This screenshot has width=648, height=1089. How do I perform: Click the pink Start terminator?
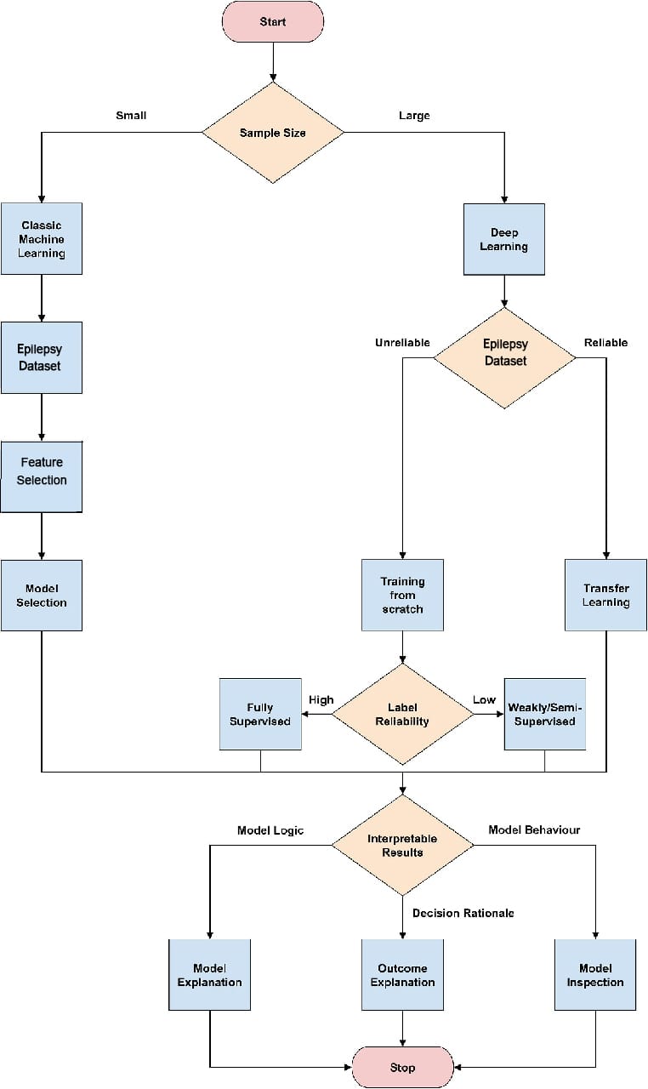272,21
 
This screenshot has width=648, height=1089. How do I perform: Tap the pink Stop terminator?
402,1067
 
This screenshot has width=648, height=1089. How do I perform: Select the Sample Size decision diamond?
272,133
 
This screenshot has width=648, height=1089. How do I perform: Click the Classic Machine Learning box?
42,239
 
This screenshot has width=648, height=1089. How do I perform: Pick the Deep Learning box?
504,239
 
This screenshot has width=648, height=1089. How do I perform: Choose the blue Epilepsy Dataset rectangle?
42,357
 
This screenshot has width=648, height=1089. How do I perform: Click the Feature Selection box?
42,470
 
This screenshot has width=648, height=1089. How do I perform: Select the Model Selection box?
42,596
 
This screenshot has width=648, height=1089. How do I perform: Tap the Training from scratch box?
402,596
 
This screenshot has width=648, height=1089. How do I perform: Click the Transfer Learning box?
605,596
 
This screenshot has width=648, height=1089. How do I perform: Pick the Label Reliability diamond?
402,714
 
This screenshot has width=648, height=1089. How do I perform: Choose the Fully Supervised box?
260,714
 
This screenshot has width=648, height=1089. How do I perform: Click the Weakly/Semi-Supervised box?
544,714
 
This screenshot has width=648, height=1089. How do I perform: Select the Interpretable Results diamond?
402,845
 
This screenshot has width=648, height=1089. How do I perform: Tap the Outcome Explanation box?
402,975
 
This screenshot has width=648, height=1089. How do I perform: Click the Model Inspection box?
595,975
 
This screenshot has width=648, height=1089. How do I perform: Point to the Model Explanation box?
209,975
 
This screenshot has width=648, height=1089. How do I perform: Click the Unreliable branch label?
402,343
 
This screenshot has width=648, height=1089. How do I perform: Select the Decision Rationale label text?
463,913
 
